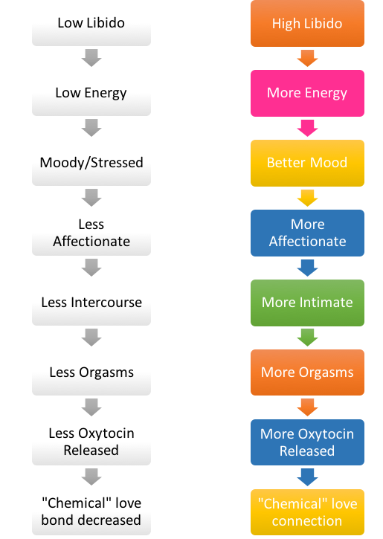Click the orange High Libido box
tap(307, 23)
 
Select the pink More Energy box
tap(307, 93)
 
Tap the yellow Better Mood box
tap(307, 163)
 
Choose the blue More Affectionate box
tap(307, 233)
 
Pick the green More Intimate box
tap(307, 303)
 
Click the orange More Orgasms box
tap(307, 372)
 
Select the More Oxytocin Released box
tap(307, 442)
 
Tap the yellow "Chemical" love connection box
tap(307, 512)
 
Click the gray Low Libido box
tap(91, 23)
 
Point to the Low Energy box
tap(91, 93)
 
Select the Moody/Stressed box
tap(91, 163)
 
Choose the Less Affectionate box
tap(91, 233)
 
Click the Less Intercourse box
tap(91, 303)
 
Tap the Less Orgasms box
tap(91, 372)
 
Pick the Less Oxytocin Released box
tap(91, 442)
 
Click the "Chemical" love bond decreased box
tap(91, 512)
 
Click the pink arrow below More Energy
tap(307, 128)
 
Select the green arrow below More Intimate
tap(307, 338)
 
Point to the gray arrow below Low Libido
tap(91, 58)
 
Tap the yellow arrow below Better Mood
tap(307, 198)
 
